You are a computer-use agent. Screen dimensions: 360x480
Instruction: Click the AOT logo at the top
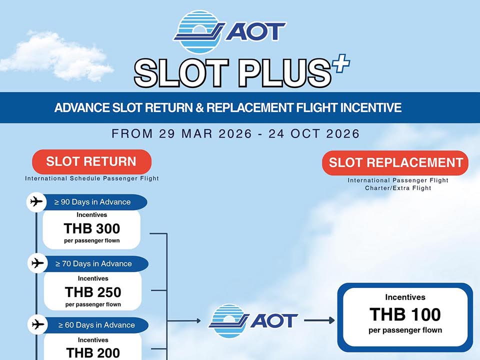pyautogui.click(x=229, y=31)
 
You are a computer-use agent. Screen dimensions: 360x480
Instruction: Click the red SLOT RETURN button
pyautogui.click(x=91, y=162)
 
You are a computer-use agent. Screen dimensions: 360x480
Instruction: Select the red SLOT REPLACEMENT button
pyautogui.click(x=395, y=163)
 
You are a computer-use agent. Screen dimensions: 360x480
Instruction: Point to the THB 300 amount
pyautogui.click(x=92, y=228)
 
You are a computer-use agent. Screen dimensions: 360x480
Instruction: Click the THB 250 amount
pyautogui.click(x=93, y=291)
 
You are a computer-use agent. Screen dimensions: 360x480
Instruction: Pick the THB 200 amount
pyautogui.click(x=93, y=352)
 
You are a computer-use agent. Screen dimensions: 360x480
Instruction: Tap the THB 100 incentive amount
pyautogui.click(x=405, y=314)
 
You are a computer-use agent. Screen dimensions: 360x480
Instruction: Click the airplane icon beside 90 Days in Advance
pyautogui.click(x=36, y=202)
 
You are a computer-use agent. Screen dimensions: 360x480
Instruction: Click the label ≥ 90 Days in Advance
pyautogui.click(x=92, y=202)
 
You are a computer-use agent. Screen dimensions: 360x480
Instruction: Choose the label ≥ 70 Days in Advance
pyautogui.click(x=93, y=263)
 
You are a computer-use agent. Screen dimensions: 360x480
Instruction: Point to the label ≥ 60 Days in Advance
pyautogui.click(x=96, y=325)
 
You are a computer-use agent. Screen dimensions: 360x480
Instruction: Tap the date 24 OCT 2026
pyautogui.click(x=314, y=134)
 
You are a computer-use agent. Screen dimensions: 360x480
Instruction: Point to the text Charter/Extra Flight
pyautogui.click(x=398, y=188)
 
